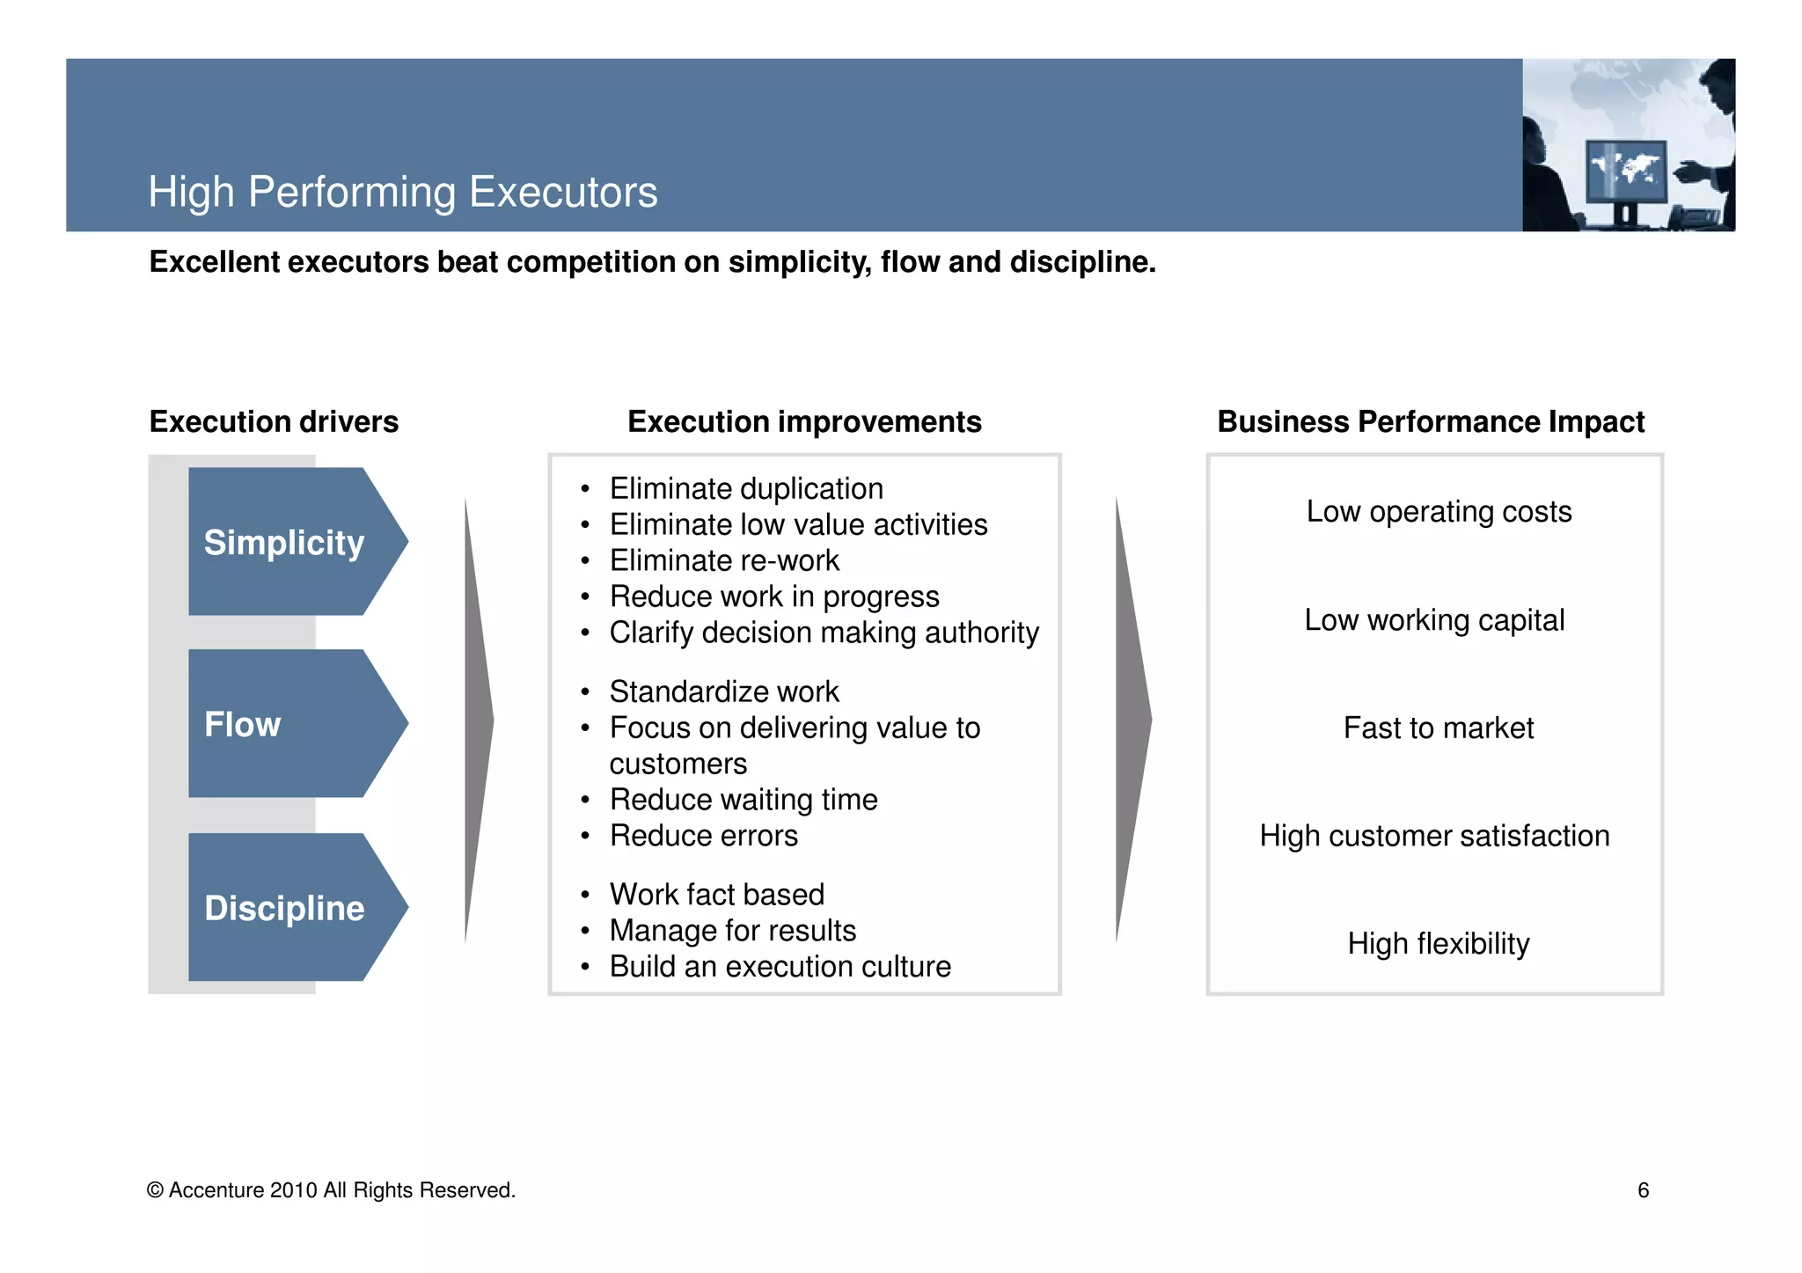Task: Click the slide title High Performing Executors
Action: pos(402,192)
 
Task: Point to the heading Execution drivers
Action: pos(274,422)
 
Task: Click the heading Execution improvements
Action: pos(804,422)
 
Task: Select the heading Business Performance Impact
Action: pos(1431,422)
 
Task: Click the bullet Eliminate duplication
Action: pos(746,489)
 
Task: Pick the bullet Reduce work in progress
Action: pos(774,597)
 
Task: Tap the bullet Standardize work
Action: pos(724,692)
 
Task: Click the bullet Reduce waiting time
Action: pos(744,800)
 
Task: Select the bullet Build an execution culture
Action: pos(780,967)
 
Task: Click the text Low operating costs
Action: pos(1439,512)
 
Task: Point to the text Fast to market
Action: pos(1439,728)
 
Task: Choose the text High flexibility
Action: pos(1439,944)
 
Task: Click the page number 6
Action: pos(1643,1190)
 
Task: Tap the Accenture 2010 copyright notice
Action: pos(332,1190)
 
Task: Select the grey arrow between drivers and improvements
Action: pos(478,721)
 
